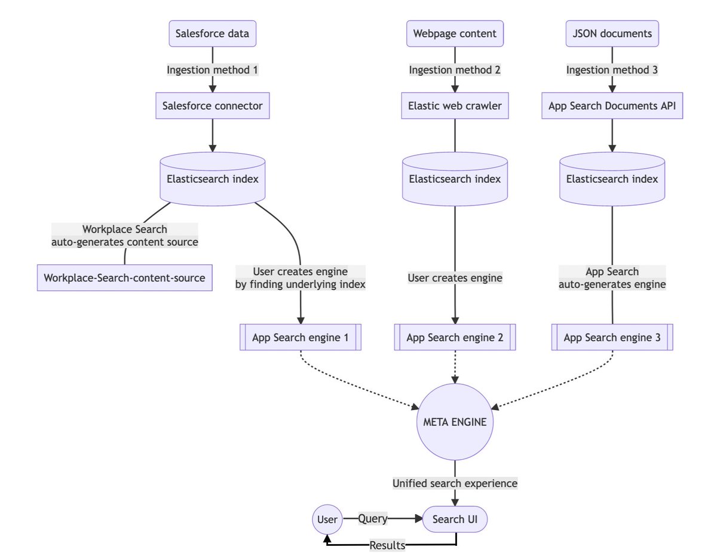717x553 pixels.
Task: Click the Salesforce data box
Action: pyautogui.click(x=212, y=33)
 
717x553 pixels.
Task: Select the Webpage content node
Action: pyautogui.click(x=455, y=33)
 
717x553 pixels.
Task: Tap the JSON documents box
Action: pyautogui.click(x=612, y=33)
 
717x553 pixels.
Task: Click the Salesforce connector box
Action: pyautogui.click(x=212, y=106)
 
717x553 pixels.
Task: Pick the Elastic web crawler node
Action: pyautogui.click(x=455, y=106)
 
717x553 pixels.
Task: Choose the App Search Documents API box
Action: pyautogui.click(x=612, y=106)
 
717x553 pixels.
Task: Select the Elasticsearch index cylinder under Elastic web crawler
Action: pyautogui.click(x=455, y=179)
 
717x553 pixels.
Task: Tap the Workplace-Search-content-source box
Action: pyautogui.click(x=124, y=278)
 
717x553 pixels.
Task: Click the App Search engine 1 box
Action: pyautogui.click(x=300, y=338)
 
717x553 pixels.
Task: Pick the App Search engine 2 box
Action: pyautogui.click(x=455, y=338)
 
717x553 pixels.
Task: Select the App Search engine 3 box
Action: pyautogui.click(x=612, y=338)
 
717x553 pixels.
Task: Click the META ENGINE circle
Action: pyautogui.click(x=455, y=422)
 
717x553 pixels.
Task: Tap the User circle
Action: pyautogui.click(x=327, y=520)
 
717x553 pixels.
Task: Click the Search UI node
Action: pyautogui.click(x=455, y=520)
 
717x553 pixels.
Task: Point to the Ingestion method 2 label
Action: pyautogui.click(x=455, y=70)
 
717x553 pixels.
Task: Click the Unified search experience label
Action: pyautogui.click(x=455, y=483)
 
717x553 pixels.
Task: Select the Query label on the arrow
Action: pyautogui.click(x=372, y=519)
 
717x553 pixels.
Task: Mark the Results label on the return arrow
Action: pyautogui.click(x=387, y=545)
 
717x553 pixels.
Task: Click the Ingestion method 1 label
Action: pyautogui.click(x=212, y=70)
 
